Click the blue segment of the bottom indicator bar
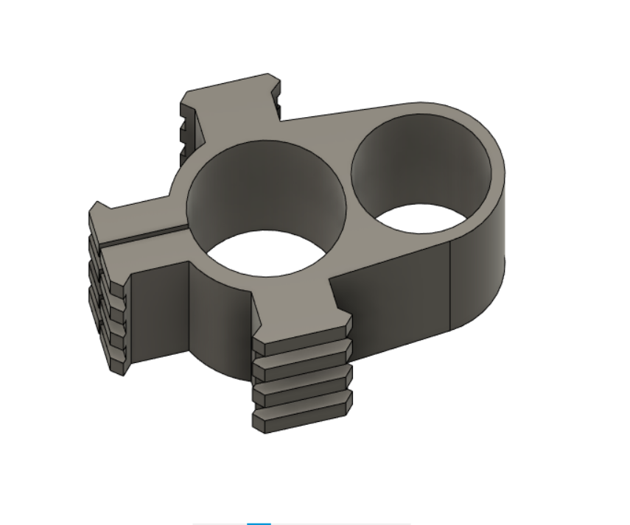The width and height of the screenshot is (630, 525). tap(259, 524)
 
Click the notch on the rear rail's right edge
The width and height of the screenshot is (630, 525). tap(279, 103)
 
